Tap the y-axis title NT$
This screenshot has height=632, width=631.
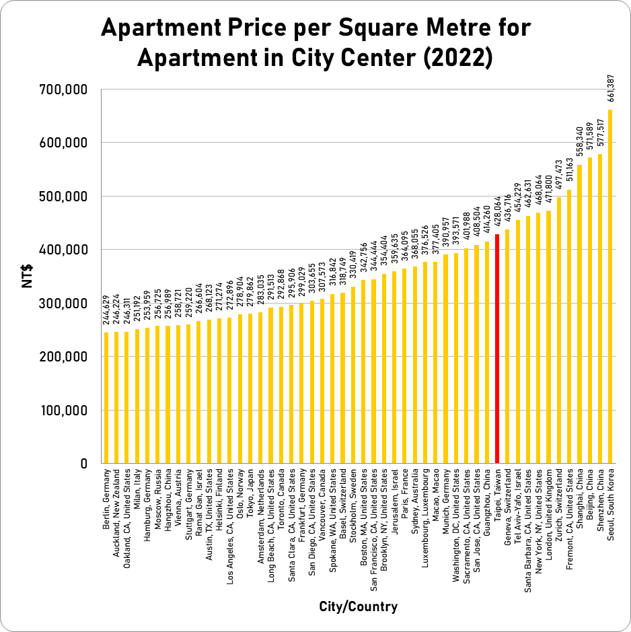click(28, 276)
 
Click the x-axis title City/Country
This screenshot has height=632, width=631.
click(358, 606)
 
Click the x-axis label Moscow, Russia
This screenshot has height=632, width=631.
click(157, 502)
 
